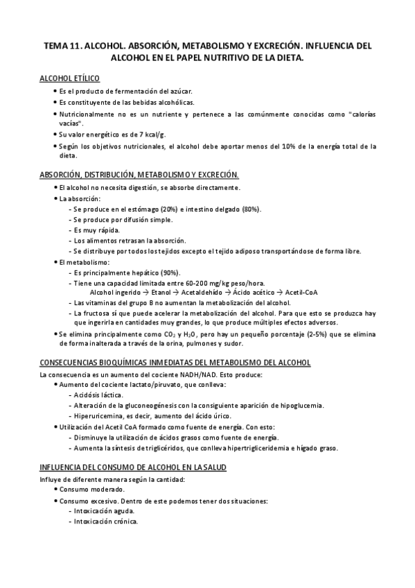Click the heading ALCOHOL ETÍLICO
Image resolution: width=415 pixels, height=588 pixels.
71,79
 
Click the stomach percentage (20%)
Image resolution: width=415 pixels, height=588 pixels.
168,209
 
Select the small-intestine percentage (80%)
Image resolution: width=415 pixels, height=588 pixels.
250,209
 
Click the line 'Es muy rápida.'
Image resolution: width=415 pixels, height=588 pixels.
96,230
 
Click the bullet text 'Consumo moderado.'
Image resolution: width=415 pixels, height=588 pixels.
88,490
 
